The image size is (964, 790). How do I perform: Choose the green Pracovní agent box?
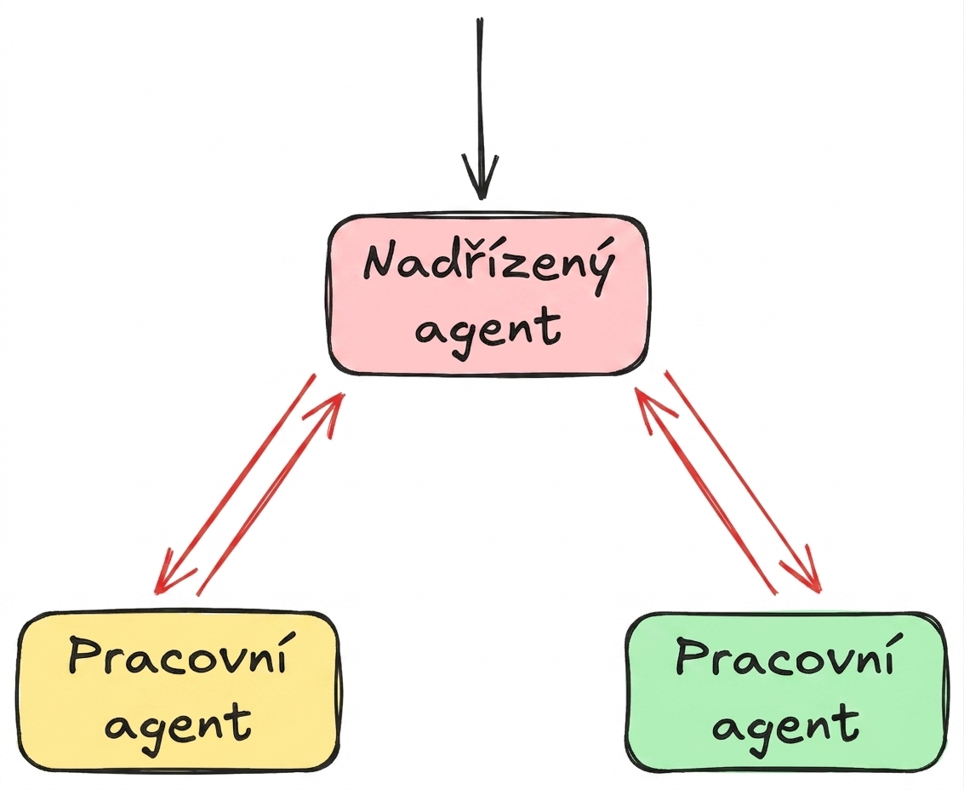click(784, 691)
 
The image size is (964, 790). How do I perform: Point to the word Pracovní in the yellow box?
click(179, 658)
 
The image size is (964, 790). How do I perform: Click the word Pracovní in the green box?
click(784, 658)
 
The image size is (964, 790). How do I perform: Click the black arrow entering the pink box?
click(480, 108)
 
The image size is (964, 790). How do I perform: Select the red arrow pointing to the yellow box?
click(236, 484)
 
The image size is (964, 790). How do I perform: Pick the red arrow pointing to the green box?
click(743, 481)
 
